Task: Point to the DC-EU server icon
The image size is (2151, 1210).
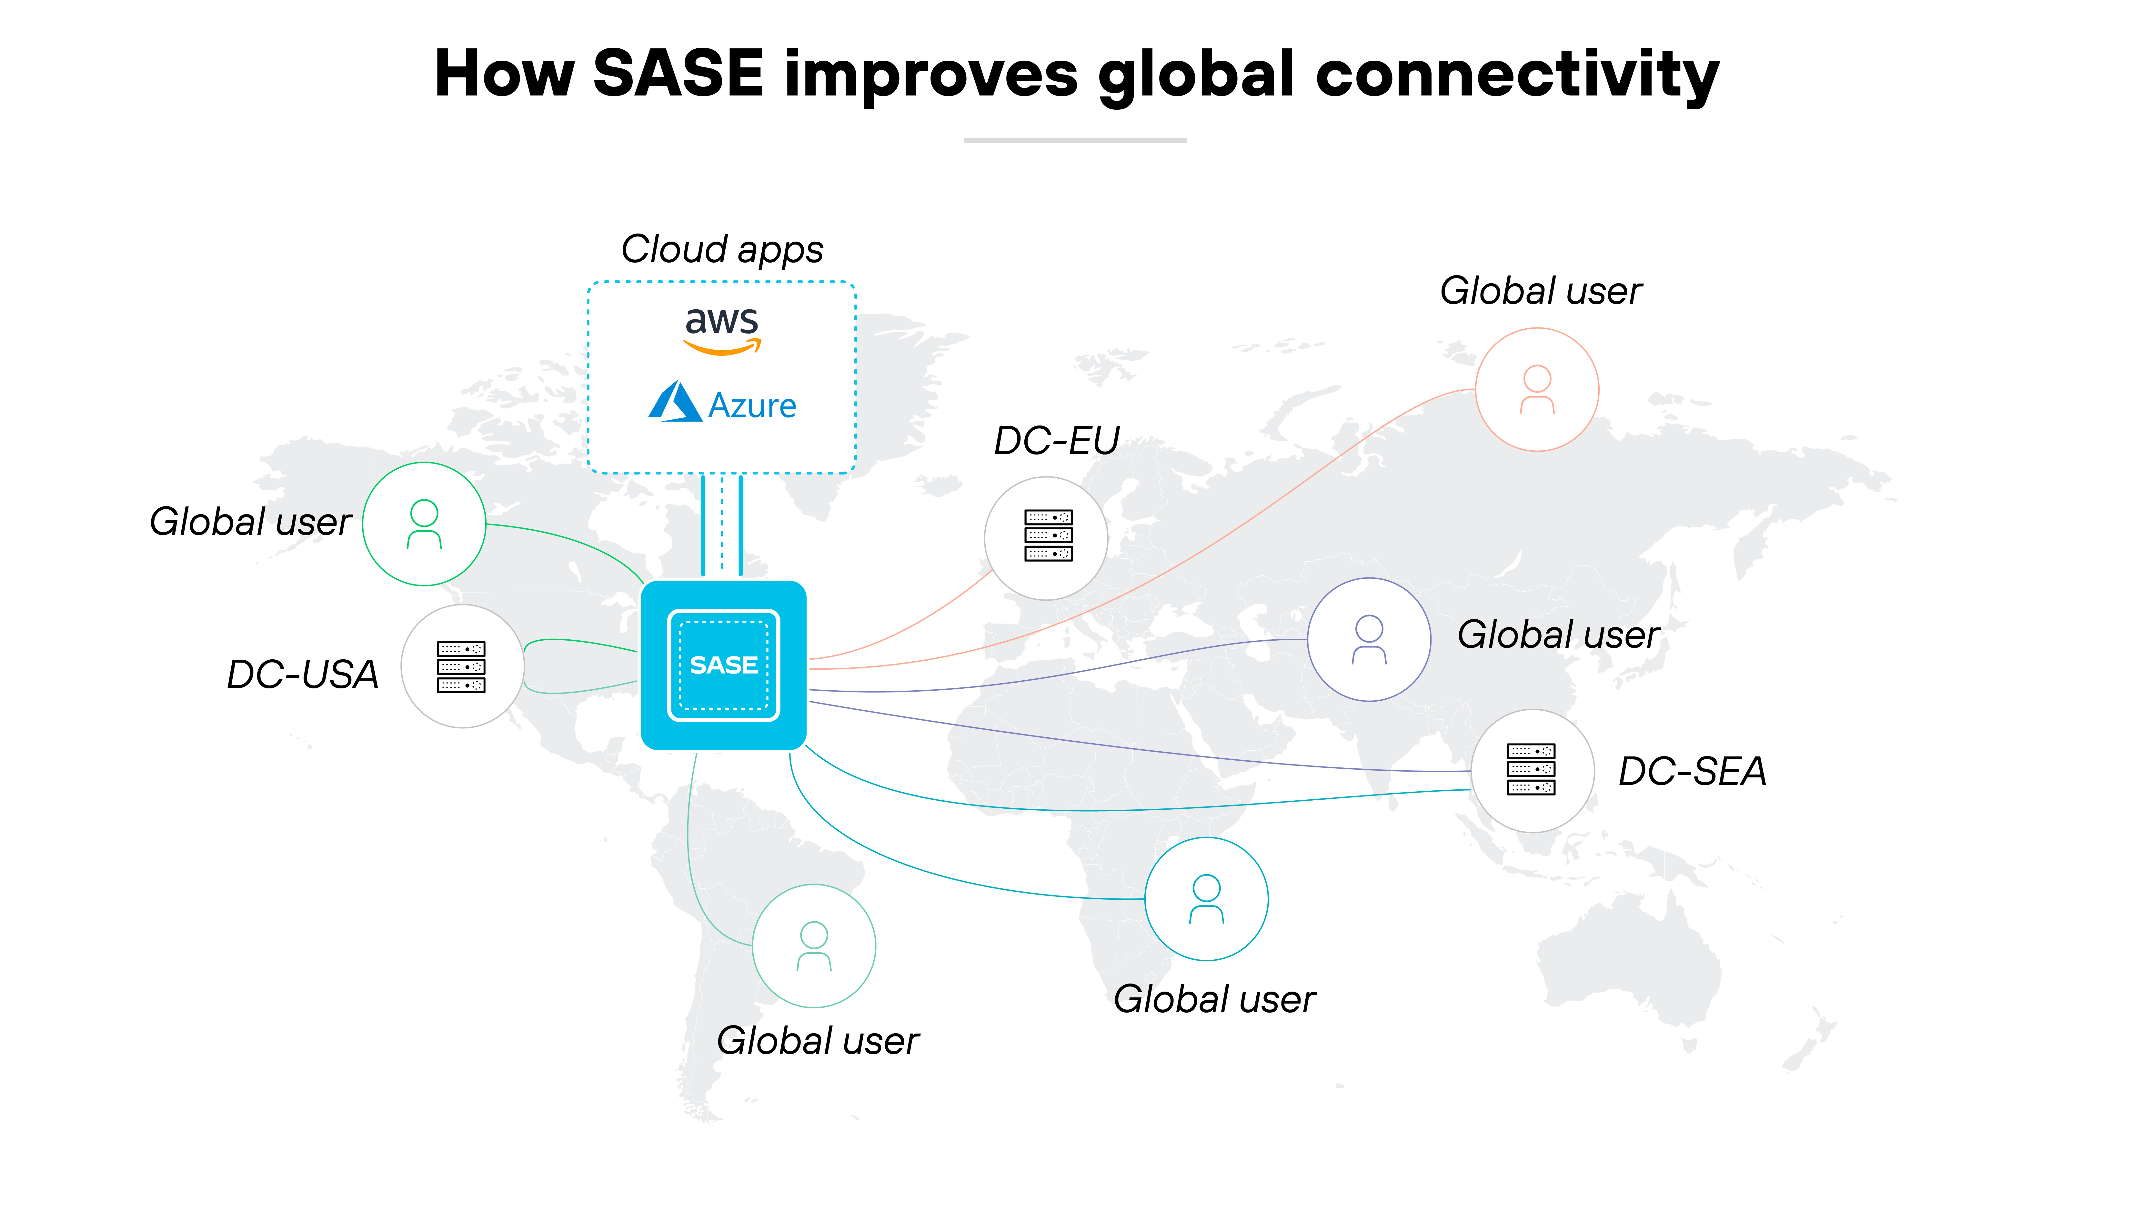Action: point(1048,535)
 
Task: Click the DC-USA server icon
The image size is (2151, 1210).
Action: point(461,666)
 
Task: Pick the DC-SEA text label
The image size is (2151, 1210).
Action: point(1692,771)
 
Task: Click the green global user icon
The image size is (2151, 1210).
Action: point(424,524)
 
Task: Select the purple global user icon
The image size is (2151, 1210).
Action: point(1369,640)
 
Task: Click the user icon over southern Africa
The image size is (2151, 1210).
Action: point(1206,898)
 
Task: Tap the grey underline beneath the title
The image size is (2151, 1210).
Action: point(1075,140)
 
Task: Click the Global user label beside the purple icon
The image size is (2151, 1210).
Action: point(1558,635)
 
